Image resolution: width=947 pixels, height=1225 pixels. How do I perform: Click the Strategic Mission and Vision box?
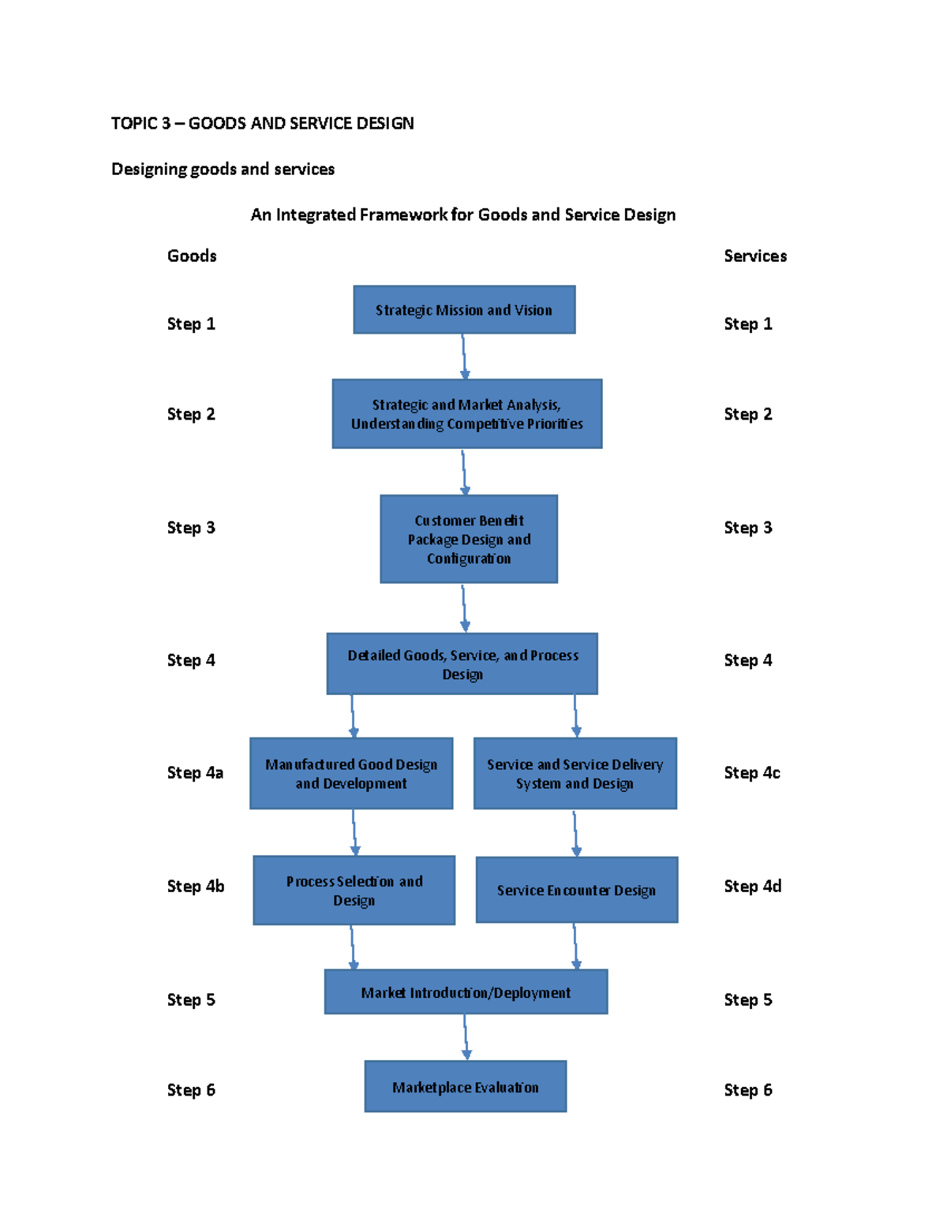[464, 310]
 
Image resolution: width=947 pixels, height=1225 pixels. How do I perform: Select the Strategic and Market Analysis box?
[467, 414]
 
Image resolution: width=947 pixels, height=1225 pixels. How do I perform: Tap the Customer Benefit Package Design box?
[469, 540]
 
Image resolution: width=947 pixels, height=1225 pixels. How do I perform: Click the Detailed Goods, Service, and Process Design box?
[462, 664]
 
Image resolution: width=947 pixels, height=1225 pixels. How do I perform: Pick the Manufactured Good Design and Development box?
[351, 774]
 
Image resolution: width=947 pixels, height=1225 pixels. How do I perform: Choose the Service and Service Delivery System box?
[575, 774]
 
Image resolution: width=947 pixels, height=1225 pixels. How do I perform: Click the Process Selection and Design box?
[354, 891]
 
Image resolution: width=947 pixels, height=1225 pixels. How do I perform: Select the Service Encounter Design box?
[577, 890]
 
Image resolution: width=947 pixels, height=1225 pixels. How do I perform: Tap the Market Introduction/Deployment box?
[466, 992]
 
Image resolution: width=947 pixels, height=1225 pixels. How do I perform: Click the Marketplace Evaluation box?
[466, 1087]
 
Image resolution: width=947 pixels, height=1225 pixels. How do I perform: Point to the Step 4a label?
[195, 773]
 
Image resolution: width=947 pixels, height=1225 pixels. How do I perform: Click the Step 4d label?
[753, 887]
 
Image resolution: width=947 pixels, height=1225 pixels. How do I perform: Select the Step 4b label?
[196, 887]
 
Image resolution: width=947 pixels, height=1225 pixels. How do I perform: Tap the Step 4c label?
[752, 773]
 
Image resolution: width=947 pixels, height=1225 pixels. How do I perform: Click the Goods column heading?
[192, 256]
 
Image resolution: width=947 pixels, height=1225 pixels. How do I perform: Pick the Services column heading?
[755, 256]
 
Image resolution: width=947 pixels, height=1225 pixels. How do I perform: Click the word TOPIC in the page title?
[133, 123]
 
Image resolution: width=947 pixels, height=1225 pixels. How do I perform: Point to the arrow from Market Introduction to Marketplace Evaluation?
[466, 1036]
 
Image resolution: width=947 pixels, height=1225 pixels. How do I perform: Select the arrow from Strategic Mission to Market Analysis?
[464, 357]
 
